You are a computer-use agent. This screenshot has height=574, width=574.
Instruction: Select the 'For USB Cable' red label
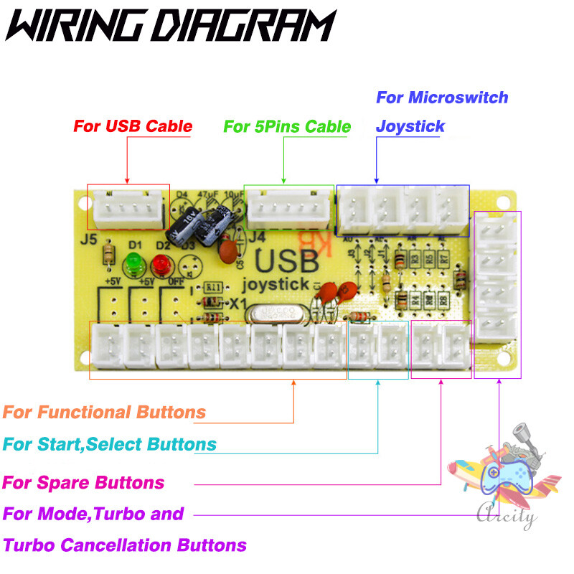pyautogui.click(x=133, y=127)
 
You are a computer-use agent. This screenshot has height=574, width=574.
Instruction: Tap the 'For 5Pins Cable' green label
pyautogui.click(x=287, y=127)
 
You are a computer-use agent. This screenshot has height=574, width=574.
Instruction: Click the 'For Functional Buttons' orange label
pyautogui.click(x=105, y=413)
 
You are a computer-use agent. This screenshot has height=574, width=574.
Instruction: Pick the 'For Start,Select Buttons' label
pyautogui.click(x=110, y=444)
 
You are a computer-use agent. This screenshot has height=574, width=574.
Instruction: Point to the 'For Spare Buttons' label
pyautogui.click(x=84, y=482)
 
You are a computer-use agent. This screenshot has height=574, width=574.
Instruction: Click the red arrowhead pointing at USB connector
pyautogui.click(x=126, y=180)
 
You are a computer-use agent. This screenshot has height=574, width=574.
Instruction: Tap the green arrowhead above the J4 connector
pyautogui.click(x=284, y=181)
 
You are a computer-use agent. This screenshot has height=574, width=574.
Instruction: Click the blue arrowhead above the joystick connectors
pyautogui.click(x=376, y=181)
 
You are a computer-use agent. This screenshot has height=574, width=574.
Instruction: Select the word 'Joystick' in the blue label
pyautogui.click(x=410, y=127)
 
